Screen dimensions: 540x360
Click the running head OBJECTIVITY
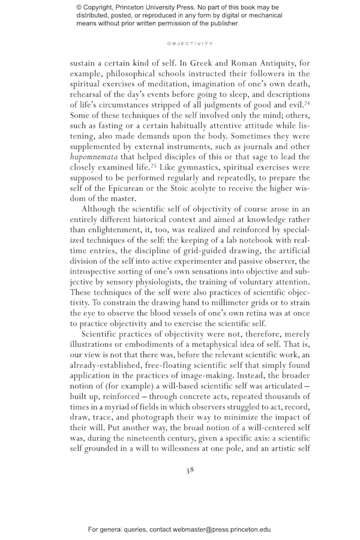click(x=190, y=43)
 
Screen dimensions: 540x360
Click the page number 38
click(x=190, y=470)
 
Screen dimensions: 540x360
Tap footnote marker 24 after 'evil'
click(x=305, y=103)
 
